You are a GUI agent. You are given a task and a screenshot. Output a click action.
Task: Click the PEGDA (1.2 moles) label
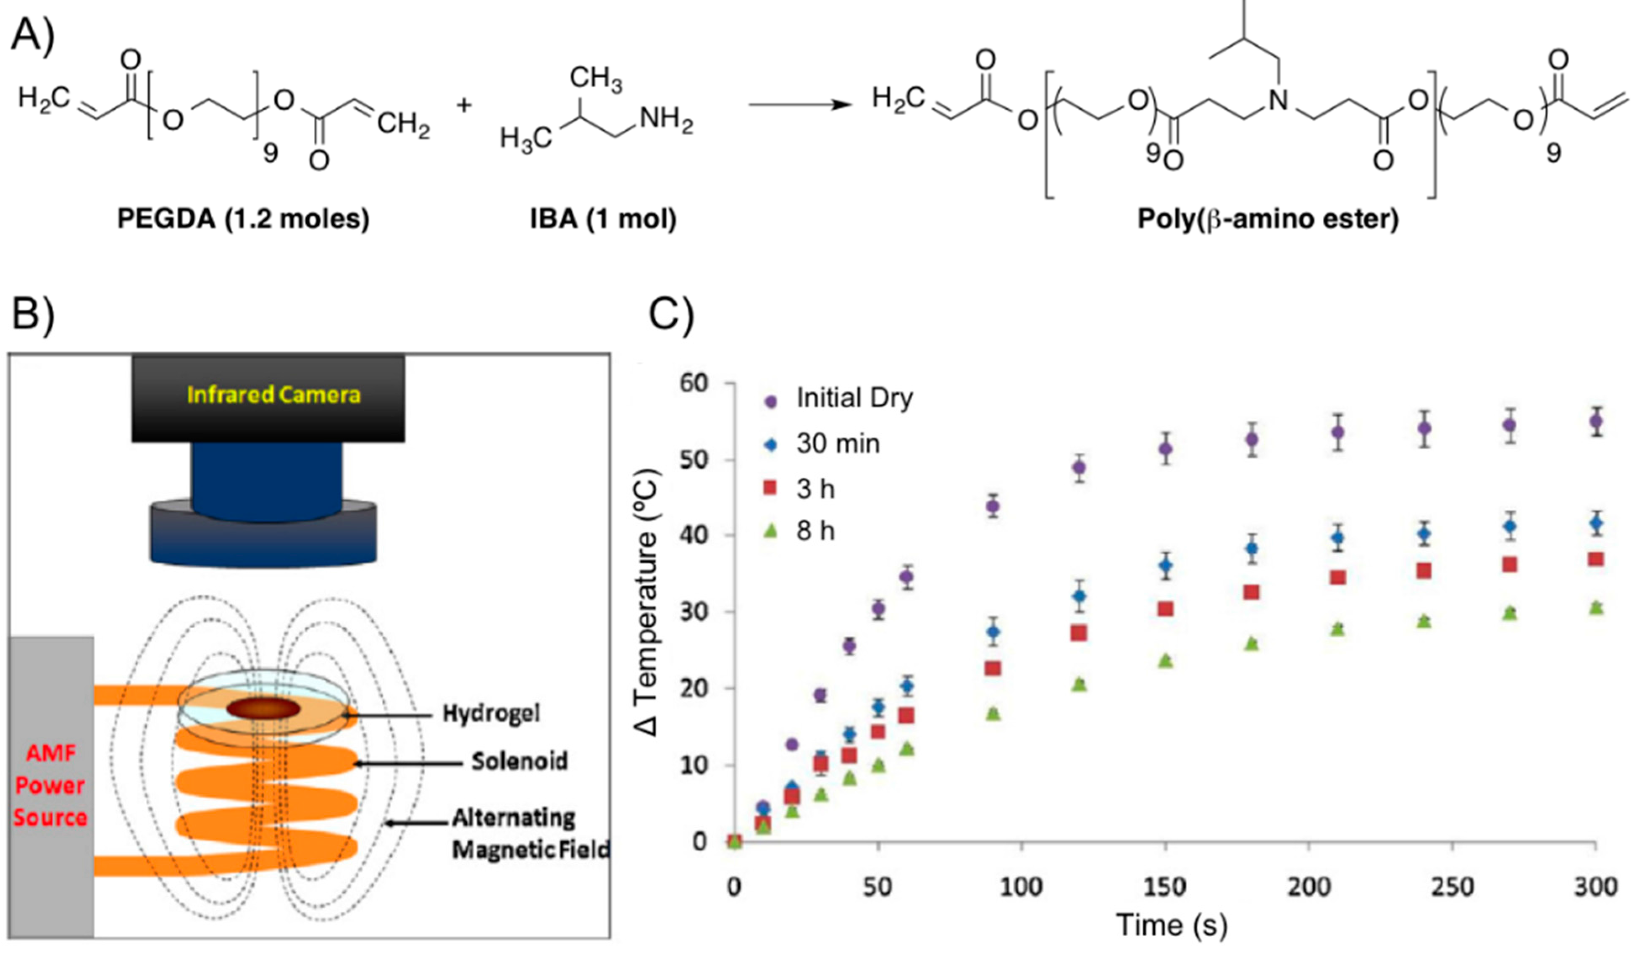[243, 219]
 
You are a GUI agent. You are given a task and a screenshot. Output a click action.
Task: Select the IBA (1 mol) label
[603, 219]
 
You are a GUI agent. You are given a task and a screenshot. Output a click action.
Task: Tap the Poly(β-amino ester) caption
[1268, 219]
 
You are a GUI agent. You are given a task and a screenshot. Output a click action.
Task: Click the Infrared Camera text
[273, 394]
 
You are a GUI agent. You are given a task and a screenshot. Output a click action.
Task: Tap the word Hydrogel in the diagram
[491, 713]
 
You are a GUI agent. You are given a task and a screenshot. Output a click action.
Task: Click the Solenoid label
[519, 761]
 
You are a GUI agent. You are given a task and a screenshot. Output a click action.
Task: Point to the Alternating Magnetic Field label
[531, 833]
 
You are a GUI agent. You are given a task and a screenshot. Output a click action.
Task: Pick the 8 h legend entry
[815, 531]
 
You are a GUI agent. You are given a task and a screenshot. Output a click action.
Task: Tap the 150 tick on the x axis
[1165, 887]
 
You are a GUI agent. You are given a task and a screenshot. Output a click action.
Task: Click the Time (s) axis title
[1171, 925]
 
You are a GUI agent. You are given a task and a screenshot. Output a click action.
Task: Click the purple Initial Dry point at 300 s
[1596, 422]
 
